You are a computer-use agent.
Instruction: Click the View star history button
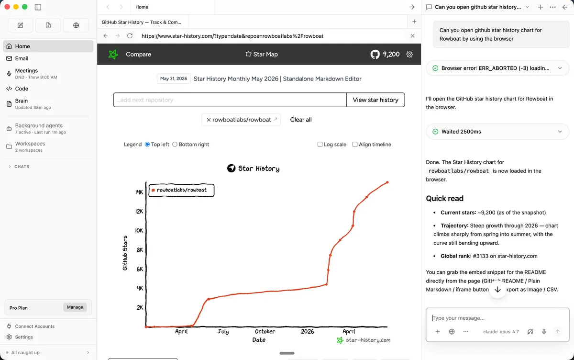click(x=375, y=100)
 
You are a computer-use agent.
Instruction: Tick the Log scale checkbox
click(x=320, y=145)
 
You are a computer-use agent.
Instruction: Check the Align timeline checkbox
click(x=354, y=145)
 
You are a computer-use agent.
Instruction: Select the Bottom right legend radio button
click(x=175, y=145)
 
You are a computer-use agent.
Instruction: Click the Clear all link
click(x=301, y=120)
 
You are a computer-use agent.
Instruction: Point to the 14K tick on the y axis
click(x=139, y=192)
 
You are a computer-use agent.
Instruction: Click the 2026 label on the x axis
click(x=307, y=331)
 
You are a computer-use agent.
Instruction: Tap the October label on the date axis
click(x=265, y=331)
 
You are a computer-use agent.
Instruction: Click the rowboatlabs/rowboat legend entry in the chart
click(x=181, y=190)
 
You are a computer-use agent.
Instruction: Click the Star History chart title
click(x=254, y=168)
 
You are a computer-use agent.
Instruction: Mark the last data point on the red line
click(x=387, y=182)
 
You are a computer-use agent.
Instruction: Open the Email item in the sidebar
click(x=22, y=58)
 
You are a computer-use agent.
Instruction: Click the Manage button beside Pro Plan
click(x=75, y=307)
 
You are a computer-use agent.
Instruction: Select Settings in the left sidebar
click(x=23, y=337)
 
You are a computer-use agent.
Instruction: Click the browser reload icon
click(x=130, y=36)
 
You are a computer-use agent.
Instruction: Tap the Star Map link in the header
click(x=262, y=54)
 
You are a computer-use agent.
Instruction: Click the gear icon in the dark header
click(x=409, y=54)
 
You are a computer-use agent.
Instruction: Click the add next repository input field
click(x=230, y=100)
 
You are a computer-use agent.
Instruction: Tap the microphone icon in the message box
click(x=544, y=332)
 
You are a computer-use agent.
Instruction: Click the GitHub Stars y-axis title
click(x=125, y=253)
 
